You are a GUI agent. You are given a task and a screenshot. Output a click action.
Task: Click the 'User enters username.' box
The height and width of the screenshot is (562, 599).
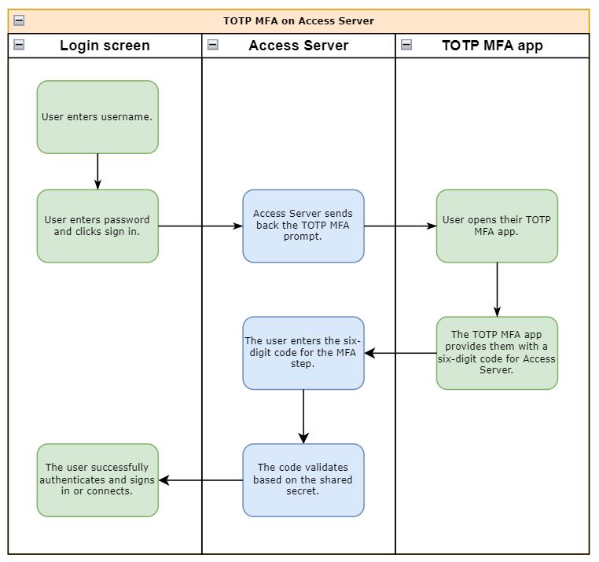pos(97,117)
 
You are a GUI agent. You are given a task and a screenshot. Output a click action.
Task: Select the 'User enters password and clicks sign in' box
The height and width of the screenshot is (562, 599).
pos(97,226)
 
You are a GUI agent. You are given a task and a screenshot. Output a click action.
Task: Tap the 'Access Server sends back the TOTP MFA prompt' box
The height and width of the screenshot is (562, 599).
pos(303,226)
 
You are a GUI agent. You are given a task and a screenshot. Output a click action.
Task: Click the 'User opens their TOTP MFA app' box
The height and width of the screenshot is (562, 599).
pos(497,226)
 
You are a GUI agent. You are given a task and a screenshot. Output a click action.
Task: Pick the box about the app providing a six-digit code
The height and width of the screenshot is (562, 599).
pos(497,353)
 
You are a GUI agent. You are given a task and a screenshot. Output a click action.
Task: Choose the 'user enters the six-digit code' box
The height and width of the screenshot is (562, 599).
pos(303,353)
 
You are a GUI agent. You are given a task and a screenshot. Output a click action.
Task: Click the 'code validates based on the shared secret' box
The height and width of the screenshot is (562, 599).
pos(303,480)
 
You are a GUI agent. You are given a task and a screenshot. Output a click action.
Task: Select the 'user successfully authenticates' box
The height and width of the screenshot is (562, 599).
pos(97,480)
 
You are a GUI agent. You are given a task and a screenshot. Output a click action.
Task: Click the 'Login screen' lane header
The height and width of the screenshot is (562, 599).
pos(105,46)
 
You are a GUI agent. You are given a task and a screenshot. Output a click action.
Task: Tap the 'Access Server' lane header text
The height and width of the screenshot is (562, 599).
pos(298,46)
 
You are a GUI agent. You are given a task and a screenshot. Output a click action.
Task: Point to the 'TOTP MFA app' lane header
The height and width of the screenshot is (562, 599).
pos(492,46)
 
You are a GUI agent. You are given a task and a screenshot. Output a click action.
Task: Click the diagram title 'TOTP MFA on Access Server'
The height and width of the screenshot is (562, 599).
pos(299,21)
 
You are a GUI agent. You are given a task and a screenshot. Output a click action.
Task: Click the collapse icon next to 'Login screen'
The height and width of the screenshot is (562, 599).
pos(19,45)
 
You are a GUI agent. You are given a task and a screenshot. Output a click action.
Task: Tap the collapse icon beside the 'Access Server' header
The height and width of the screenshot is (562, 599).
pos(213,45)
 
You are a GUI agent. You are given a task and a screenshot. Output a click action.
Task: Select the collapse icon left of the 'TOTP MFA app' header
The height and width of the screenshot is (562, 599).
pos(406,45)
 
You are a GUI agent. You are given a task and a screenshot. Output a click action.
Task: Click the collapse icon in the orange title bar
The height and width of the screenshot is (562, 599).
pos(19,21)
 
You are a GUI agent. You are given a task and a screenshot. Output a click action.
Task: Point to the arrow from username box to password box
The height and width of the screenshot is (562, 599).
pos(97,171)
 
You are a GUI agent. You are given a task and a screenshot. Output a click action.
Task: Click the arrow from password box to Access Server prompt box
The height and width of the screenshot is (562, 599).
pos(200,226)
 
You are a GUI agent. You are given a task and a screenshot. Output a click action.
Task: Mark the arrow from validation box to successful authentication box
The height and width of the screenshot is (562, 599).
pos(200,480)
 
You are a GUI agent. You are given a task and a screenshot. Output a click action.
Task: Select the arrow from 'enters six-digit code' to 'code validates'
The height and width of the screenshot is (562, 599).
pos(303,417)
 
